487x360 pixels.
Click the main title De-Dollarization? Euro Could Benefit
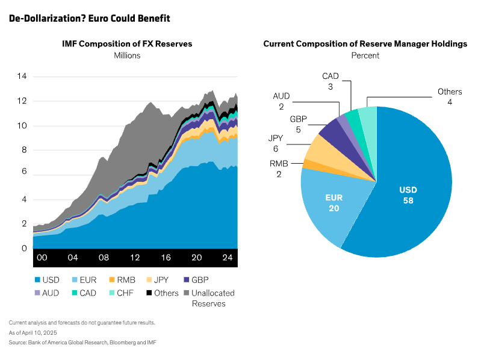click(x=90, y=19)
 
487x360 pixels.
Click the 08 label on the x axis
click(x=104, y=258)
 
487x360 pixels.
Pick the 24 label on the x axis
click(x=228, y=258)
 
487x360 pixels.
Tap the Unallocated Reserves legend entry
click(x=208, y=298)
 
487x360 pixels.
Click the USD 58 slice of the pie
click(x=408, y=194)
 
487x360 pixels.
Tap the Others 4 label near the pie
click(x=450, y=97)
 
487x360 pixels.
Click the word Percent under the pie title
click(x=365, y=55)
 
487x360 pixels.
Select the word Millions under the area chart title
click(x=127, y=55)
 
